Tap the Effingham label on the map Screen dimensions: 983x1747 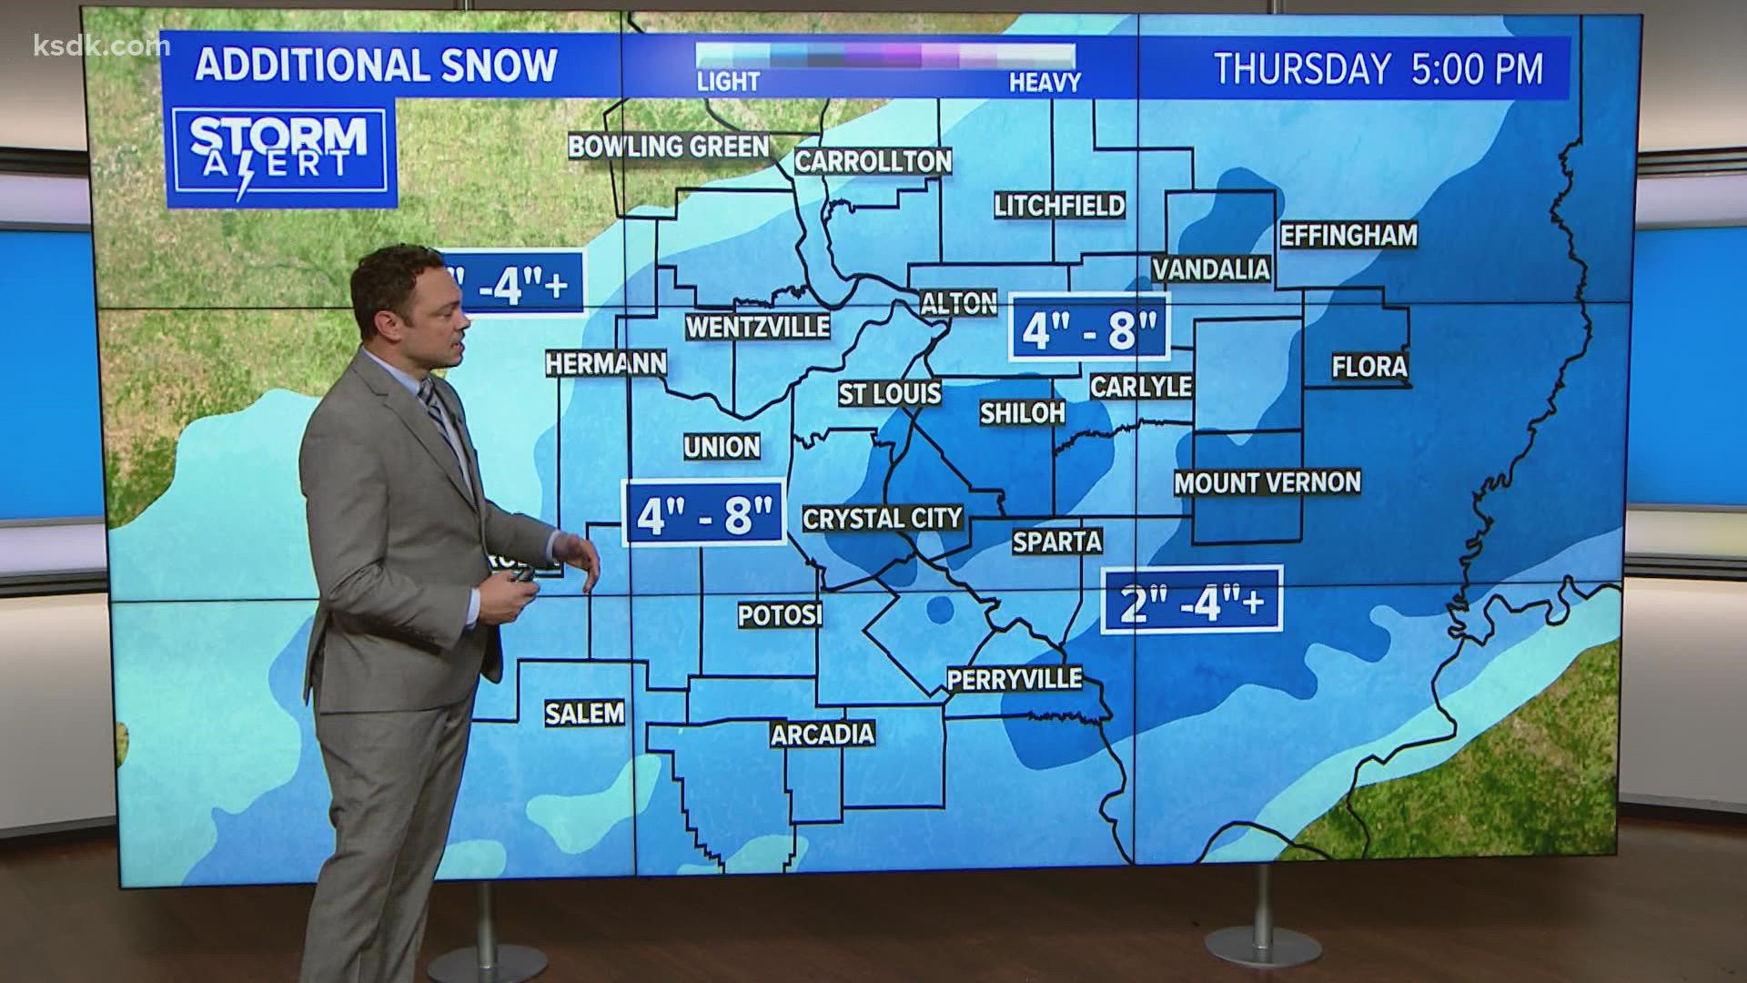[1348, 236]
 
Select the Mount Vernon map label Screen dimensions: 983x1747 [1267, 482]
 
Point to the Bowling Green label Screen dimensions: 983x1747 [669, 147]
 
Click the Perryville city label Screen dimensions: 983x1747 [1015, 679]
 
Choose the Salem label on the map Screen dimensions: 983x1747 [585, 713]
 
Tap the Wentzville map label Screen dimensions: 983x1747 [757, 327]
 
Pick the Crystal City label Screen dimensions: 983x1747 [882, 519]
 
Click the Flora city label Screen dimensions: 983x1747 [1369, 367]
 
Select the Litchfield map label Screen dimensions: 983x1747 [1059, 206]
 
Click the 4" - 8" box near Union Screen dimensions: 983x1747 [705, 513]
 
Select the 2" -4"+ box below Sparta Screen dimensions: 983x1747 [1192, 601]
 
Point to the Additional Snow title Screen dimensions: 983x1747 [376, 66]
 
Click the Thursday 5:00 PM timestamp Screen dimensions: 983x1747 [1378, 69]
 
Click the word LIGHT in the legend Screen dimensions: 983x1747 [728, 83]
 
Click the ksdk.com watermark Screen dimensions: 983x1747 [87, 46]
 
